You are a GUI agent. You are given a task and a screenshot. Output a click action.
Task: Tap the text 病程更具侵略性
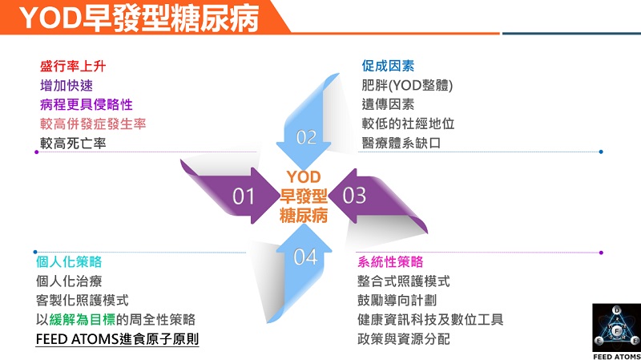click(86, 104)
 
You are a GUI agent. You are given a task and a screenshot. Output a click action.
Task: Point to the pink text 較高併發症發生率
click(92, 124)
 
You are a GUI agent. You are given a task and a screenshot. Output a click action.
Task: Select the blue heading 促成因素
click(388, 66)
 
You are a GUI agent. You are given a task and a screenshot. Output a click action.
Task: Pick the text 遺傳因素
click(388, 104)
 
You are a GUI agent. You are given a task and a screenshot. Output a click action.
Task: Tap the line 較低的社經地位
click(408, 124)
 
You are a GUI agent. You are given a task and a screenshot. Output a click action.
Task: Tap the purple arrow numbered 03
click(365, 194)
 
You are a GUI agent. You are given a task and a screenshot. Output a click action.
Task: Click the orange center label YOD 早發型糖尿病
click(304, 196)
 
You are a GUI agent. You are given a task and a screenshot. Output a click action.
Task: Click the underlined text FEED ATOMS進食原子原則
click(117, 339)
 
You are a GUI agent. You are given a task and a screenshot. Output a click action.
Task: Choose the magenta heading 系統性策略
click(390, 262)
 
